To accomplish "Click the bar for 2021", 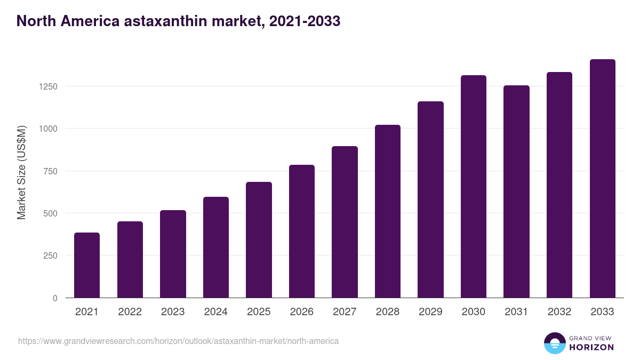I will click(x=87, y=265).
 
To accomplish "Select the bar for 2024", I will click(x=216, y=247).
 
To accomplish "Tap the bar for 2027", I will click(x=345, y=222).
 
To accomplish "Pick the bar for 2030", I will click(x=474, y=187).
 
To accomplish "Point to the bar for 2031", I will click(x=516, y=191).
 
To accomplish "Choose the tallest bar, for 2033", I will click(x=602, y=179).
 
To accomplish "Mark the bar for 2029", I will click(x=430, y=199).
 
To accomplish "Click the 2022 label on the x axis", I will click(x=130, y=312).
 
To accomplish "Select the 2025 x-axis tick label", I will click(x=259, y=312).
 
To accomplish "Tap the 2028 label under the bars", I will click(x=387, y=312).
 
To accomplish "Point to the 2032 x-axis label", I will click(x=559, y=312).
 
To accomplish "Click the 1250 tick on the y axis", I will click(x=47, y=86).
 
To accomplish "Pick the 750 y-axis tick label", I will click(x=50, y=171).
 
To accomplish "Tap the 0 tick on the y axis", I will click(x=54, y=298).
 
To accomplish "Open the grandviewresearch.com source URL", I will click(x=178, y=341).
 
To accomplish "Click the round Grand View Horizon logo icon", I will click(x=554, y=343).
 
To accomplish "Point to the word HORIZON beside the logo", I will click(x=591, y=347).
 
